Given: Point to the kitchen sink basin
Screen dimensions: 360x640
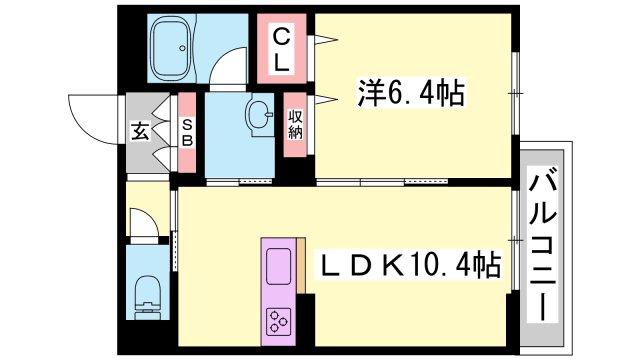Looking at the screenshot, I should pyautogui.click(x=278, y=265).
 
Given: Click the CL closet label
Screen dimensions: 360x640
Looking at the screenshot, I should pyautogui.click(x=283, y=48).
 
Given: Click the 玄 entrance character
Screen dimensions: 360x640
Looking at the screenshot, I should pyautogui.click(x=140, y=132).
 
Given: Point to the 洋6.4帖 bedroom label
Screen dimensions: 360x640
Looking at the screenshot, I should pyautogui.click(x=410, y=95).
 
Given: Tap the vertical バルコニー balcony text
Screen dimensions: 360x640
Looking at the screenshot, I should pyautogui.click(x=543, y=246).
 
